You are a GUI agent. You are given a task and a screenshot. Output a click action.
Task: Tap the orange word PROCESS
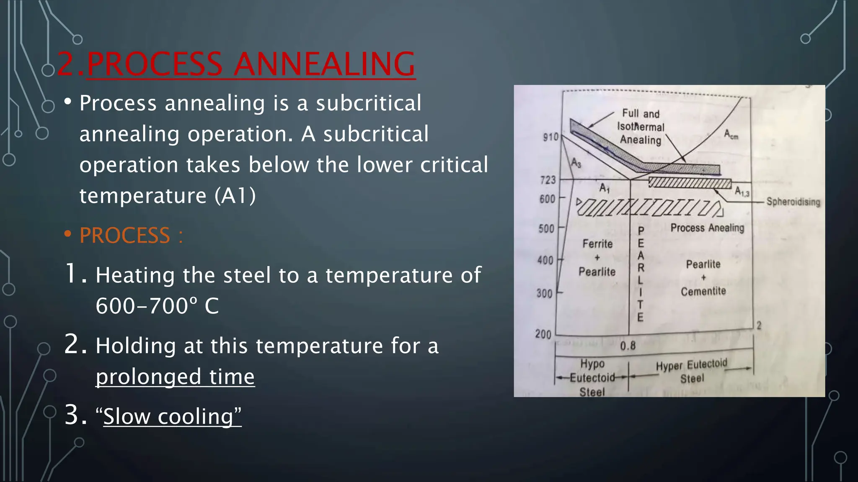tap(124, 236)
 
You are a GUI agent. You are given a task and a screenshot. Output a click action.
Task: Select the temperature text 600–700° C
tap(157, 306)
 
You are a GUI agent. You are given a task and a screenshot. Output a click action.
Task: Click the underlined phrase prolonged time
tap(175, 377)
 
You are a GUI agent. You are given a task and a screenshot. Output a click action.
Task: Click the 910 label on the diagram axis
tap(550, 137)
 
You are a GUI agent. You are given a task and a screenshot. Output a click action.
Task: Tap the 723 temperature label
tap(548, 180)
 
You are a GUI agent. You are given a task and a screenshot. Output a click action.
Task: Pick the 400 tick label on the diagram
tap(545, 260)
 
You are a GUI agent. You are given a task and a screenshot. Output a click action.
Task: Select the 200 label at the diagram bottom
tap(543, 334)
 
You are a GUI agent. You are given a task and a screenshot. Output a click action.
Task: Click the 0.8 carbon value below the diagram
tap(628, 346)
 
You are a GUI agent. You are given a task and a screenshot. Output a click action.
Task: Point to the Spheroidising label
tap(793, 202)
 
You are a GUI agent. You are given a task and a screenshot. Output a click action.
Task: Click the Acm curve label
tap(731, 134)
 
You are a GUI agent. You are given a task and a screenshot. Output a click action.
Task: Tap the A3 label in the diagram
tap(576, 163)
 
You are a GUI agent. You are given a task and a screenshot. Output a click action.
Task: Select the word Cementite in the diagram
tap(703, 291)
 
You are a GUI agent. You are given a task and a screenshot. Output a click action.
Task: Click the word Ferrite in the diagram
tap(597, 244)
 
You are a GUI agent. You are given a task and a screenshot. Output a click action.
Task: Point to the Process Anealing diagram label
tap(707, 228)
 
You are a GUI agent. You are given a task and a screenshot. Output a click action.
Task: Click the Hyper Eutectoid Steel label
tap(692, 371)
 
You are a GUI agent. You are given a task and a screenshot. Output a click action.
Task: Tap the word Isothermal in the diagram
tap(641, 127)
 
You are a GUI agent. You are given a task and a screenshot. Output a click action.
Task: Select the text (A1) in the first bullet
tap(235, 196)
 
